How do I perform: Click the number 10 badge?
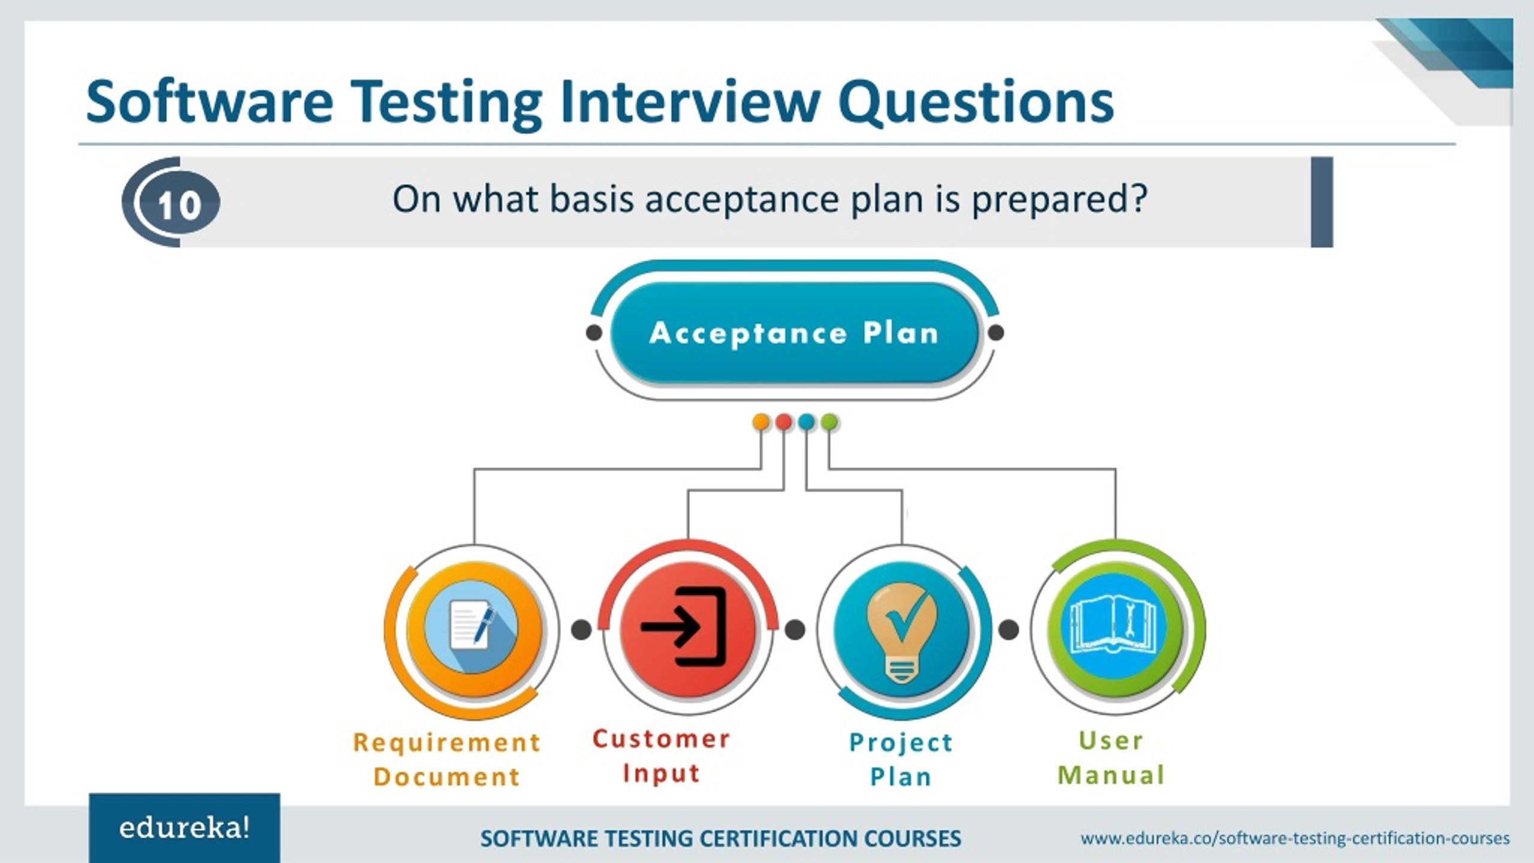(179, 203)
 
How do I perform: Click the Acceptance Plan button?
(794, 333)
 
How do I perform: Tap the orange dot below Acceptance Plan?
(760, 422)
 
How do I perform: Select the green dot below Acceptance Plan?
(829, 422)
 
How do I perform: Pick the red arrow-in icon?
(687, 629)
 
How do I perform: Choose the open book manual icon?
(1115, 627)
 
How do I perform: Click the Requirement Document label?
(446, 759)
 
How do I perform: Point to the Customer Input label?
(662, 756)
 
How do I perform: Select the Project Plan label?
(901, 759)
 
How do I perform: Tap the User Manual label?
(1112, 758)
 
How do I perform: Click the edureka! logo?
(185, 828)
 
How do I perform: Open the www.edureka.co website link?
(1295, 838)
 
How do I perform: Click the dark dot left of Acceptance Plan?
(594, 333)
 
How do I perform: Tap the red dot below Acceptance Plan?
(783, 422)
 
